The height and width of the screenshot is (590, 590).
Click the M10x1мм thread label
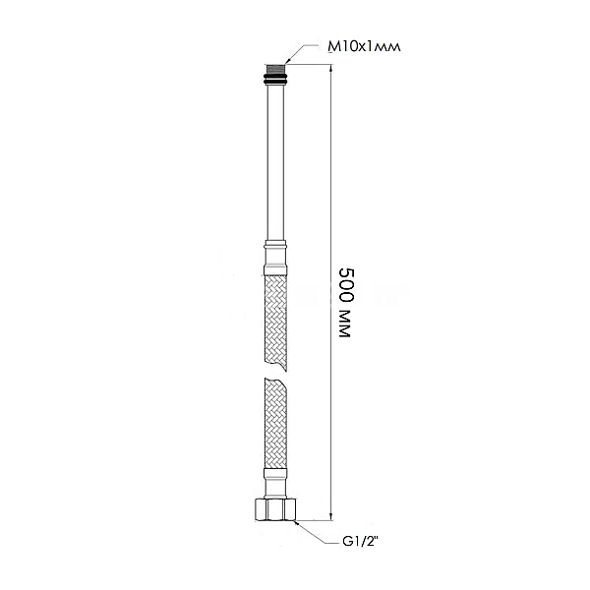pyautogui.click(x=364, y=46)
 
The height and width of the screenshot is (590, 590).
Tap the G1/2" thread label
pyautogui.click(x=361, y=542)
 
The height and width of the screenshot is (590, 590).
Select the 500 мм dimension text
pyautogui.click(x=346, y=302)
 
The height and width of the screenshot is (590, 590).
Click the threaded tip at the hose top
pyautogui.click(x=275, y=71)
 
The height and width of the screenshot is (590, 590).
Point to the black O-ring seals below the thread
pyautogui.click(x=275, y=81)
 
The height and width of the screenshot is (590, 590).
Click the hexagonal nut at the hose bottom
pyautogui.click(x=275, y=509)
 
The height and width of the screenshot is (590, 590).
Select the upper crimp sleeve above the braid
pyautogui.click(x=275, y=258)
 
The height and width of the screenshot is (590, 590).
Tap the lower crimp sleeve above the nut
pyautogui.click(x=275, y=483)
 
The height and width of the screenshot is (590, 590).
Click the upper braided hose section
pyautogui.click(x=275, y=323)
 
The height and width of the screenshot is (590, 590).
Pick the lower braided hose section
pyautogui.click(x=275, y=424)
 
